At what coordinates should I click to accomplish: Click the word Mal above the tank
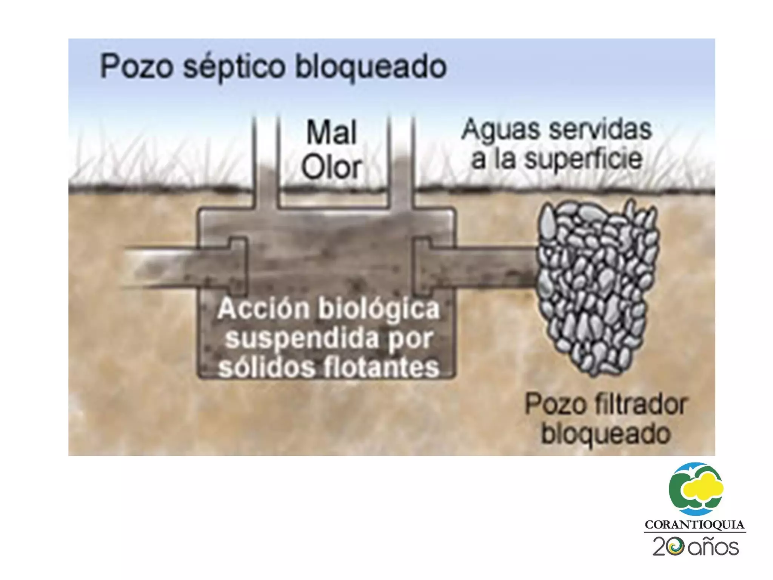(331, 133)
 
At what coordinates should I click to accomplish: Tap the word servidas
(600, 129)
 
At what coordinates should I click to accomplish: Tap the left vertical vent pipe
(266, 162)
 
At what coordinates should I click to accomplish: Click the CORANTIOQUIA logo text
(694, 525)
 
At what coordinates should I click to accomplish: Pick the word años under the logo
(713, 547)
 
